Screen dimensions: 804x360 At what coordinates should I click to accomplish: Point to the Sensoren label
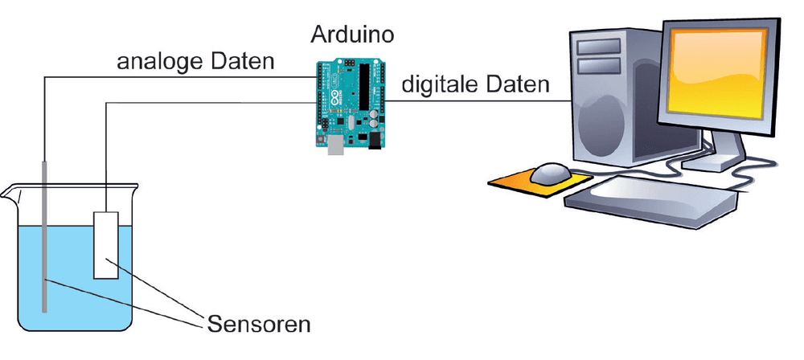259,324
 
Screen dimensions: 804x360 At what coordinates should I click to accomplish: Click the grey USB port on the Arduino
335,145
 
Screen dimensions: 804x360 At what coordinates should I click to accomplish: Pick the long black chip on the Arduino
364,87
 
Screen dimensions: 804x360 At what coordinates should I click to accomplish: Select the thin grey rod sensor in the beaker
44,236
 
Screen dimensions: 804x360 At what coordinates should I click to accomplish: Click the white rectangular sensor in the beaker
106,245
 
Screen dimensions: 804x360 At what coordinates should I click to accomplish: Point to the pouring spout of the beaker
9,192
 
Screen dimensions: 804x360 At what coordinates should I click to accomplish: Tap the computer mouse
550,174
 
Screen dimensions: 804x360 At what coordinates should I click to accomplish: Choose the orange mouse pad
540,183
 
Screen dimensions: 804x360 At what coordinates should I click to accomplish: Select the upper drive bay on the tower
598,47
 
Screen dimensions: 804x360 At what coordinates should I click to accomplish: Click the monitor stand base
718,162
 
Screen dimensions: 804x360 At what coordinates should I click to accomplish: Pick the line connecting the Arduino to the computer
477,101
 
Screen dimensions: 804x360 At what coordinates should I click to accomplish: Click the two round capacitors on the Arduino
375,118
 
